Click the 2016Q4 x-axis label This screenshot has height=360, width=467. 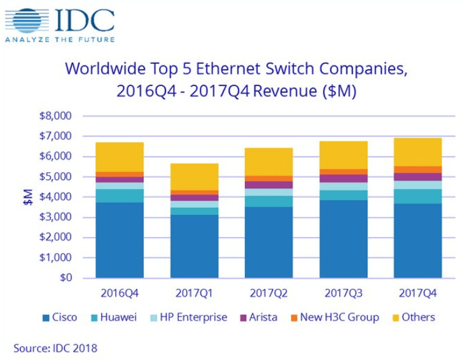pyautogui.click(x=119, y=294)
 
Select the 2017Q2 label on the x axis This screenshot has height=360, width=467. pyautogui.click(x=268, y=294)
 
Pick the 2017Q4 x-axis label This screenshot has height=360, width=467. pyautogui.click(x=417, y=294)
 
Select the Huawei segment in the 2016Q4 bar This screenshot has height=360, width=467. pyautogui.click(x=119, y=195)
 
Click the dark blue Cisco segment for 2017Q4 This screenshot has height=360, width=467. pyautogui.click(x=417, y=241)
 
